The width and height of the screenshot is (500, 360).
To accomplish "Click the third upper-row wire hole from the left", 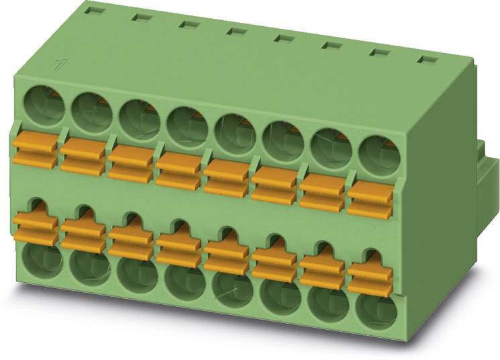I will (138, 119).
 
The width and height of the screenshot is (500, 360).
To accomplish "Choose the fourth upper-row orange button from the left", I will (179, 172).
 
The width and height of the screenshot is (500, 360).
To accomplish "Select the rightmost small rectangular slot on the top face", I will (425, 59).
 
